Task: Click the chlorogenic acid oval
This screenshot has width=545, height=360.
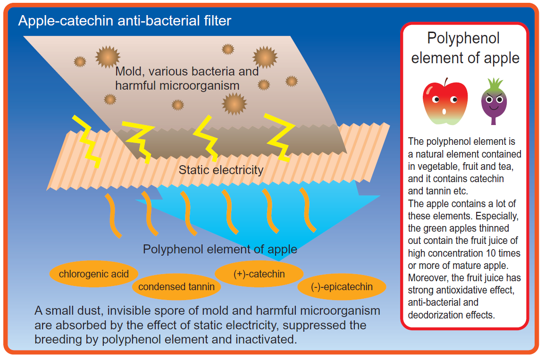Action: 93,274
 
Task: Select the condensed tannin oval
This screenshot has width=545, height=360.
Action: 176,286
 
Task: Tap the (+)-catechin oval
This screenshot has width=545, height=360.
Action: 259,274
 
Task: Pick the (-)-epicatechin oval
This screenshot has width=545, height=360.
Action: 342,286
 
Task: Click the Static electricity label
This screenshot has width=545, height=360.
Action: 221,170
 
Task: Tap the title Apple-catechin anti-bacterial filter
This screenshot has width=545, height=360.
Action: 125,21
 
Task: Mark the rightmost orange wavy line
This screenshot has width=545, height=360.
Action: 310,210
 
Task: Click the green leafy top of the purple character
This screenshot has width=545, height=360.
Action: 494,85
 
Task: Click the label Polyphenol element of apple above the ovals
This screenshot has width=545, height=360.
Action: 220,249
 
